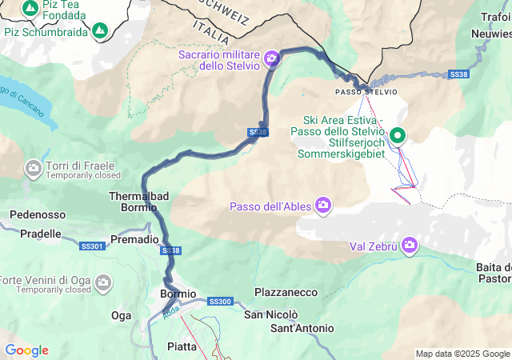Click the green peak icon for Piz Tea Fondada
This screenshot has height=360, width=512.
click(30, 9)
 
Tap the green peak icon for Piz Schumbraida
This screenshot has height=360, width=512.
click(100, 31)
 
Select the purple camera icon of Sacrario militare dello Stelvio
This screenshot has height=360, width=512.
click(272, 58)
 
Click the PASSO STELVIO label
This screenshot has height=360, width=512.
click(366, 92)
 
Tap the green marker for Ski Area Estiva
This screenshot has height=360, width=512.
click(397, 136)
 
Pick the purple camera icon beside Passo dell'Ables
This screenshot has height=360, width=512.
click(323, 206)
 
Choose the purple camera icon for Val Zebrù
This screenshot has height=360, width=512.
click(410, 245)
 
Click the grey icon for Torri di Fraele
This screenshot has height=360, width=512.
click(34, 168)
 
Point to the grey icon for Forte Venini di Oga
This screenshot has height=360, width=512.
click(102, 282)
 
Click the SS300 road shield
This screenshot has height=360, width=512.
click(219, 302)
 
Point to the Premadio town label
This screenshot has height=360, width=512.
click(134, 239)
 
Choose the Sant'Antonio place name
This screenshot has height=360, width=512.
click(302, 328)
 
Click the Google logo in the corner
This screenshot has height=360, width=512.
click(26, 350)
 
